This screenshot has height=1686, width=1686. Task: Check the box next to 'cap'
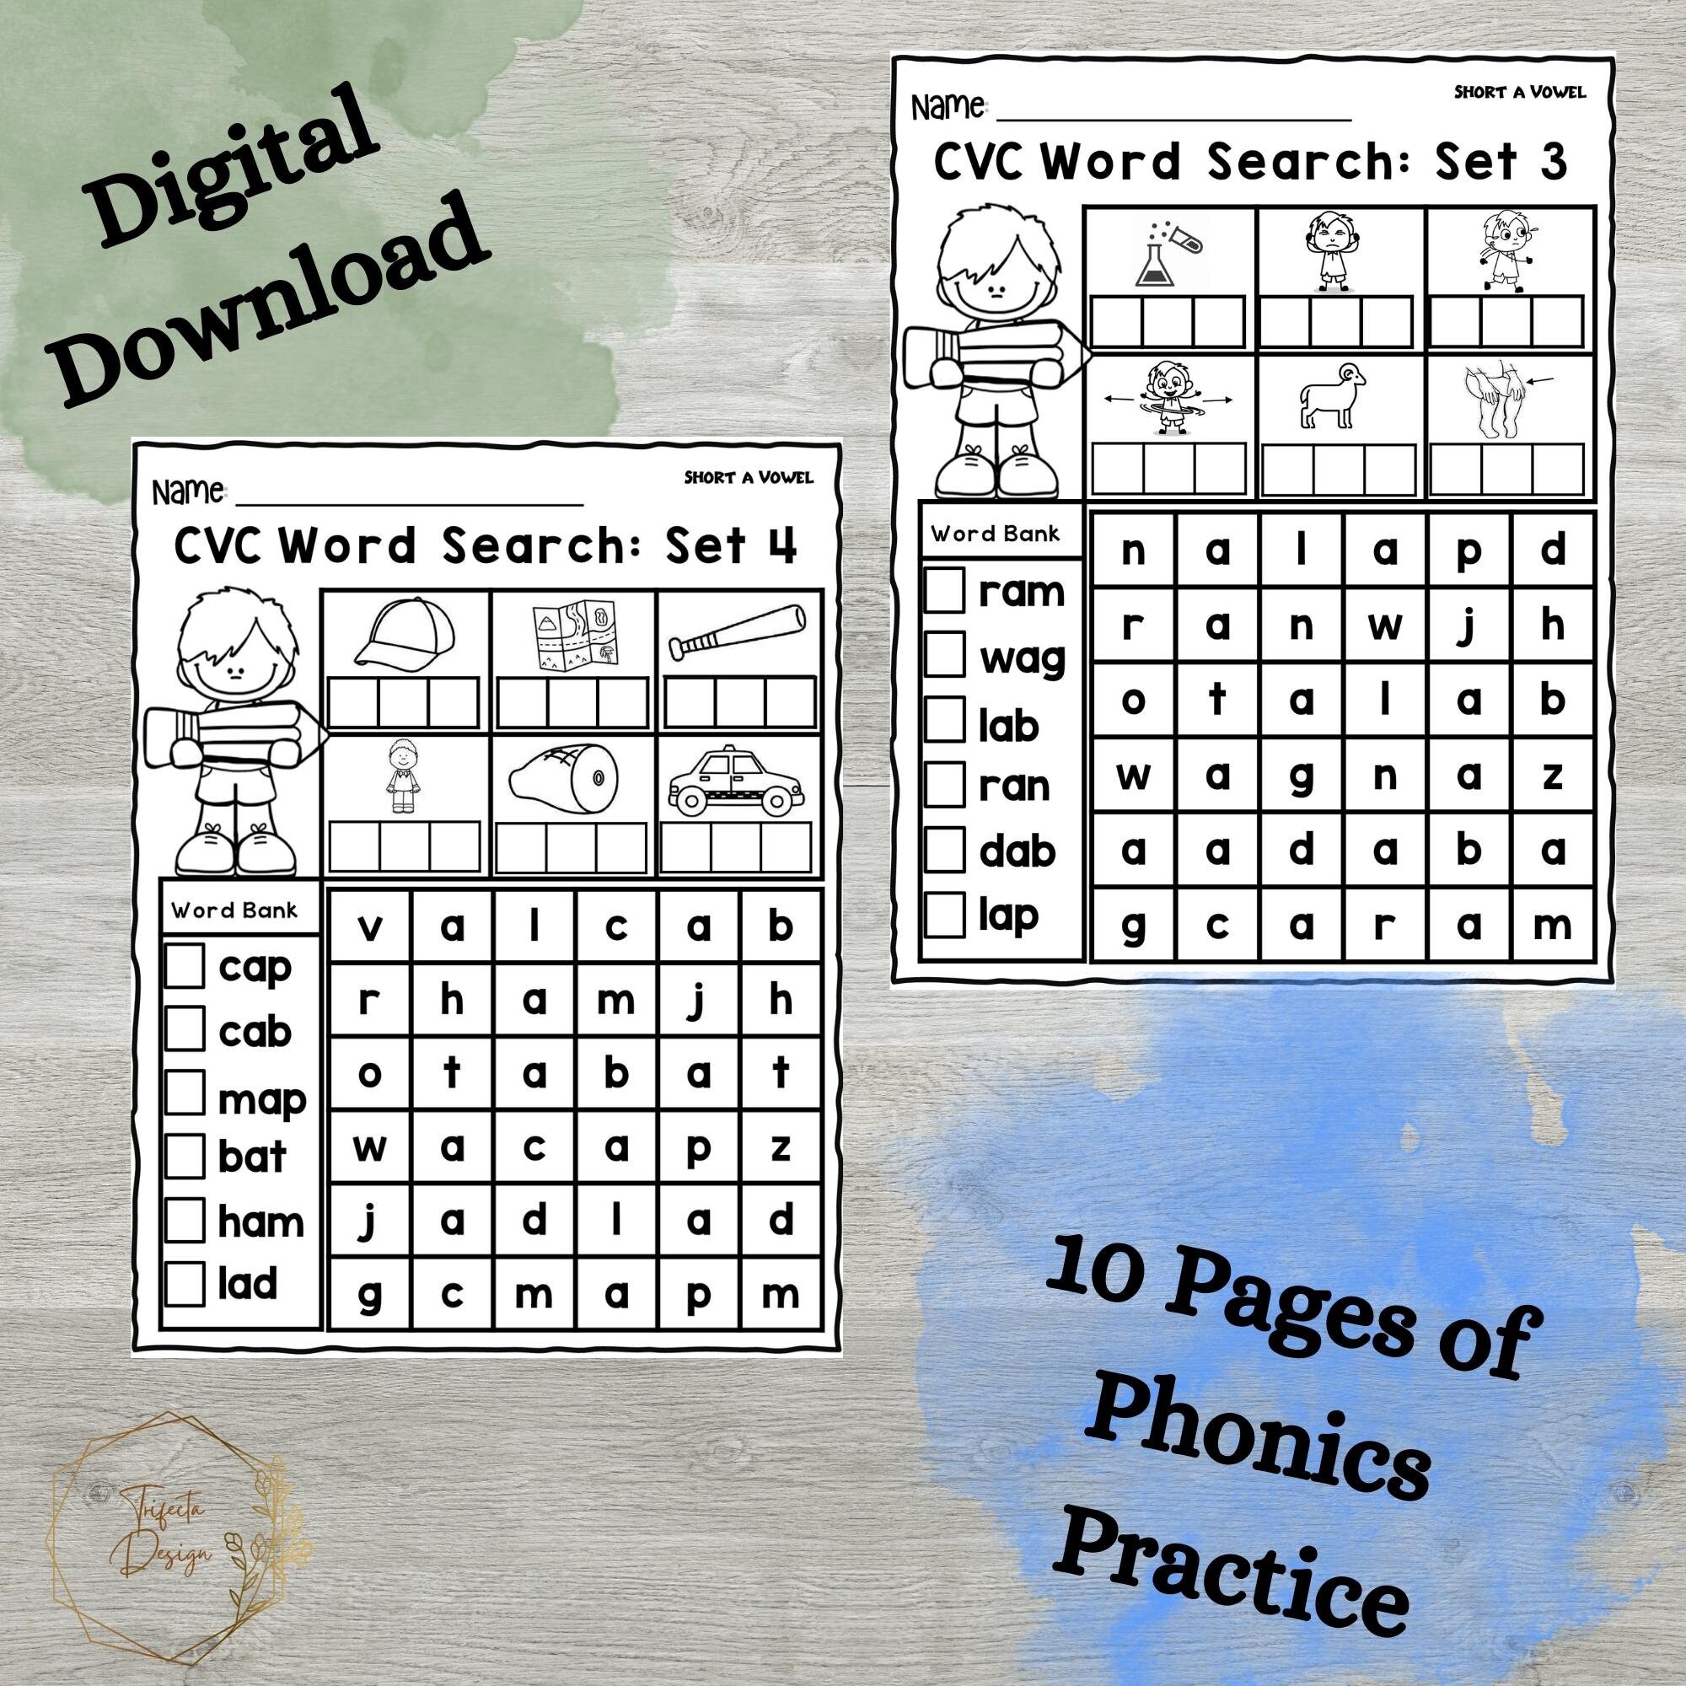184,966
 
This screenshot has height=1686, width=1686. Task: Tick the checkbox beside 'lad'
184,1284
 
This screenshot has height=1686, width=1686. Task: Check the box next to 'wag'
944,654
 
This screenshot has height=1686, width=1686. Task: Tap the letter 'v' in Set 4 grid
370,927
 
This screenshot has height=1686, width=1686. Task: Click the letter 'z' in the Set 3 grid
1552,774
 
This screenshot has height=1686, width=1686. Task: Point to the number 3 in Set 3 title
1553,162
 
